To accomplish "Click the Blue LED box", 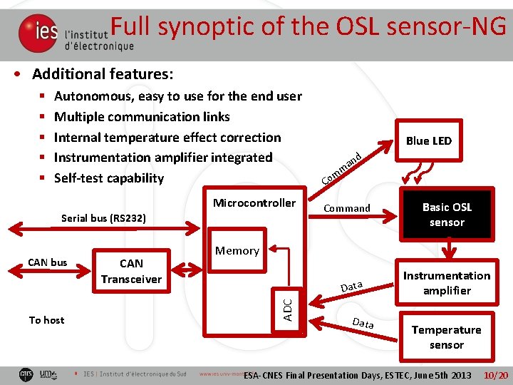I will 428,140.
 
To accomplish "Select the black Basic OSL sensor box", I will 447,215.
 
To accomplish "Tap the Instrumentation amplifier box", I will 447,283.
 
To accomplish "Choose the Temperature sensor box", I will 447,337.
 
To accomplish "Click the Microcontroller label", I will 254,203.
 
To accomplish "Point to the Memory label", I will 237,250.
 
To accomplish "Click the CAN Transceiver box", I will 131,272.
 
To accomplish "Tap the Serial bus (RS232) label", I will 104,217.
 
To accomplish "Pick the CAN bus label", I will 48,262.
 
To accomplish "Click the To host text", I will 46,320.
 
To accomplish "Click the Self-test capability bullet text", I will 109,178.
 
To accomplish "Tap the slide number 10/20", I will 495,375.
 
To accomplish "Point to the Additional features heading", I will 103,74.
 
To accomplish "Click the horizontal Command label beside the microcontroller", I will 347,208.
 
